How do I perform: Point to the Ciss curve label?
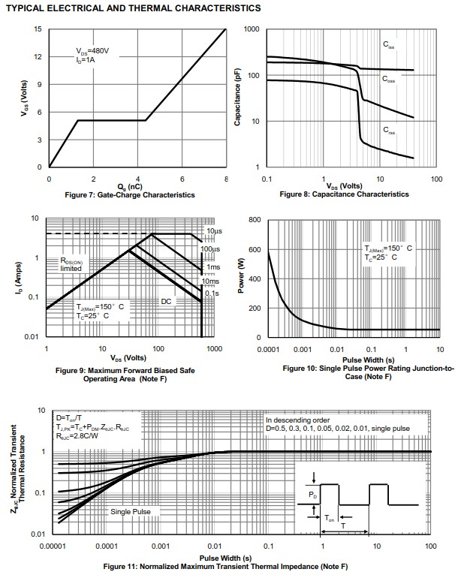point(389,45)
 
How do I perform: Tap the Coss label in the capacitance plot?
point(389,79)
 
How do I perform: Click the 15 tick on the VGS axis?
point(38,29)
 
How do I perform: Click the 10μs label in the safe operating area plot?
point(213,231)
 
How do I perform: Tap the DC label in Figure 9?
point(166,300)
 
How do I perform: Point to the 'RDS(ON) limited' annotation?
point(75,264)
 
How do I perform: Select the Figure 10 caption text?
point(368,372)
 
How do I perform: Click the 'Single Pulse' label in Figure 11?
point(131,511)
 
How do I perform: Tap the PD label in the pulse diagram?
point(313,495)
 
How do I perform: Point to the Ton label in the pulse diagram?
point(330,518)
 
